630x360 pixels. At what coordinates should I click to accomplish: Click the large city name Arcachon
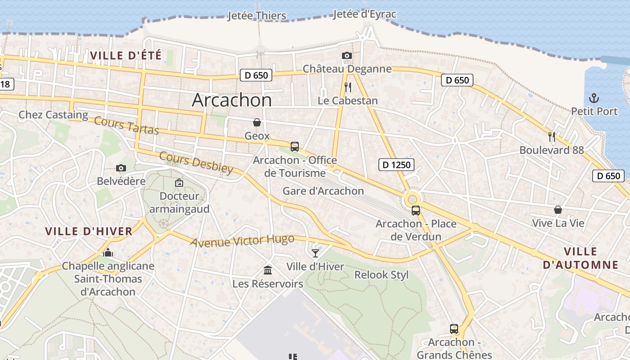pos(232,100)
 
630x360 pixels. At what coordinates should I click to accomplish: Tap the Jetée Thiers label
pos(256,16)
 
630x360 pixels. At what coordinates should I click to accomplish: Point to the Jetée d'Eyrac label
pos(364,14)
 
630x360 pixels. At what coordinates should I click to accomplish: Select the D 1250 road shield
pos(396,165)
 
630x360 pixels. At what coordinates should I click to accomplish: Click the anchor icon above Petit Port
pos(594,98)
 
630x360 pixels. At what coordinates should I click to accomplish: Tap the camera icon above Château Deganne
pos(346,56)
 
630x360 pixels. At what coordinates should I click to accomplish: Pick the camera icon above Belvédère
pos(121,168)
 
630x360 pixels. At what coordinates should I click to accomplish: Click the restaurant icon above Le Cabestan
pos(347,87)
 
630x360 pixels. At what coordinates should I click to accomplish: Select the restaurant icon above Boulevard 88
pos(551,136)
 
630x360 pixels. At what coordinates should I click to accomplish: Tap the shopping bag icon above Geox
pos(256,122)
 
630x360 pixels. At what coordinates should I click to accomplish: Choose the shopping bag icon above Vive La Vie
pos(558,210)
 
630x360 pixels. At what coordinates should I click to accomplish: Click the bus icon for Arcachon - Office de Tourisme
pos(294,146)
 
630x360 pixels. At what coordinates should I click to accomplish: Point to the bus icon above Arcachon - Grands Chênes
pos(454,329)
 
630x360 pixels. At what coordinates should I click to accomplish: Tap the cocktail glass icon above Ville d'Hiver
pos(315,253)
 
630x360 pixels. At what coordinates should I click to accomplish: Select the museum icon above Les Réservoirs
pos(268,270)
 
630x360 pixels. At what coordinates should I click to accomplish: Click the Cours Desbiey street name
pos(196,162)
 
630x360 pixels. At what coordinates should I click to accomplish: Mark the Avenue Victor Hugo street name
pos(242,241)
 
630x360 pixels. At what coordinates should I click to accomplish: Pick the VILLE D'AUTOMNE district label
pos(580,258)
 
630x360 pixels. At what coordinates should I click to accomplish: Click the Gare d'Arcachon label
pos(323,191)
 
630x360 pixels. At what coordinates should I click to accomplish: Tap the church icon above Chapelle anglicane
pos(108,252)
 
